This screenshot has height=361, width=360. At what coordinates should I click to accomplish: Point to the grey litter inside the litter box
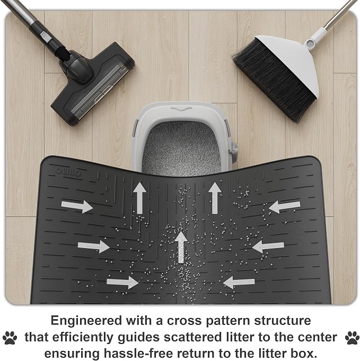pyautogui.click(x=181, y=148)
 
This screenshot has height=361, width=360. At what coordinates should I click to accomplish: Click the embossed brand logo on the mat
pyautogui.click(x=68, y=172)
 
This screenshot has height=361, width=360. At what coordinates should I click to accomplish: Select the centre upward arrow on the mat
pyautogui.click(x=181, y=247)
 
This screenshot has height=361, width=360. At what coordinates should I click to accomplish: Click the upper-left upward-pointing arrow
pyautogui.click(x=139, y=198)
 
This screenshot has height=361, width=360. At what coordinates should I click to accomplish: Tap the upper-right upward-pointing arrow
pyautogui.click(x=215, y=198)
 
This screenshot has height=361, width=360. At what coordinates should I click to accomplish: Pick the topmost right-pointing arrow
pyautogui.click(x=77, y=206)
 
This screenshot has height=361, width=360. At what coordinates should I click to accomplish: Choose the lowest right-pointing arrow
pyautogui.click(x=122, y=282)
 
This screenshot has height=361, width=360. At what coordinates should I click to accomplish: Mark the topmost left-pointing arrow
pyautogui.click(x=285, y=206)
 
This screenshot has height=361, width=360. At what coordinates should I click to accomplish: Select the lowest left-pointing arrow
pyautogui.click(x=239, y=283)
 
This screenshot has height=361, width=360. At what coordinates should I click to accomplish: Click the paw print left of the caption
pyautogui.click(x=10, y=338)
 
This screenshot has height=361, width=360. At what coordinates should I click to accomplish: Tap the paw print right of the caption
pyautogui.click(x=352, y=338)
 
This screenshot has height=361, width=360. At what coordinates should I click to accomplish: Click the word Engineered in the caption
pyautogui.click(x=86, y=321)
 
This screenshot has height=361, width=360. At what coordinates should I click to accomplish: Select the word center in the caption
pyautogui.click(x=318, y=337)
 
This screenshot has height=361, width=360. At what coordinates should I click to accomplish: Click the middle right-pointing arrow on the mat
pyautogui.click(x=93, y=246)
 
